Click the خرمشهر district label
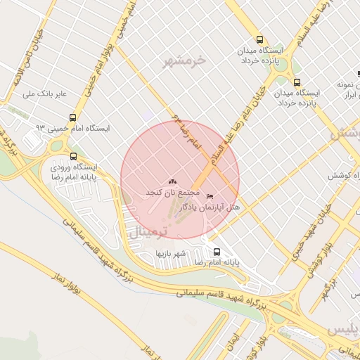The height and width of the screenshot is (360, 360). (x=187, y=60)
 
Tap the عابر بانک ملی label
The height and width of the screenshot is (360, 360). (x=44, y=93)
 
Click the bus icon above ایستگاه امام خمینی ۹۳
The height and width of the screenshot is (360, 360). (x=73, y=117)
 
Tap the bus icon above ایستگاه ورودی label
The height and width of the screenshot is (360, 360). (x=74, y=156)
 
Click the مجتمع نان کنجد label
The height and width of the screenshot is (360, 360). (x=173, y=192)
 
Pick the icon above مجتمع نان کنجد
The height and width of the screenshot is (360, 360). (x=173, y=182)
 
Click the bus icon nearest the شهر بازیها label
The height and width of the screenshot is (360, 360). (x=217, y=251)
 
